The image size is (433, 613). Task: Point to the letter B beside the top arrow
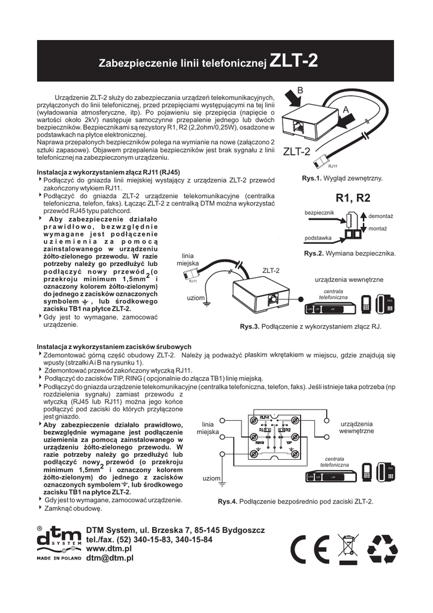tap(301, 90)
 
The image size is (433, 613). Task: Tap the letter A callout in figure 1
tap(346, 110)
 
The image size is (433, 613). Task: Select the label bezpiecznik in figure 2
tap(319, 213)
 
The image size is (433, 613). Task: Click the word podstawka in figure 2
tap(319, 238)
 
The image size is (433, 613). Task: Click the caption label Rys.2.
tap(314, 254)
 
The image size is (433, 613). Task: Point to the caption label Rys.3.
tap(250, 327)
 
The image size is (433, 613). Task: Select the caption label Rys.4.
tap(228, 502)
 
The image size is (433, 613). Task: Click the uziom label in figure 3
tap(196, 298)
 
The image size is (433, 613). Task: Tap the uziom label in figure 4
tap(211, 479)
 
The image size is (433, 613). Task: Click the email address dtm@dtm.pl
tap(110, 557)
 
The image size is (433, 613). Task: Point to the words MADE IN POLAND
tap(59, 557)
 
